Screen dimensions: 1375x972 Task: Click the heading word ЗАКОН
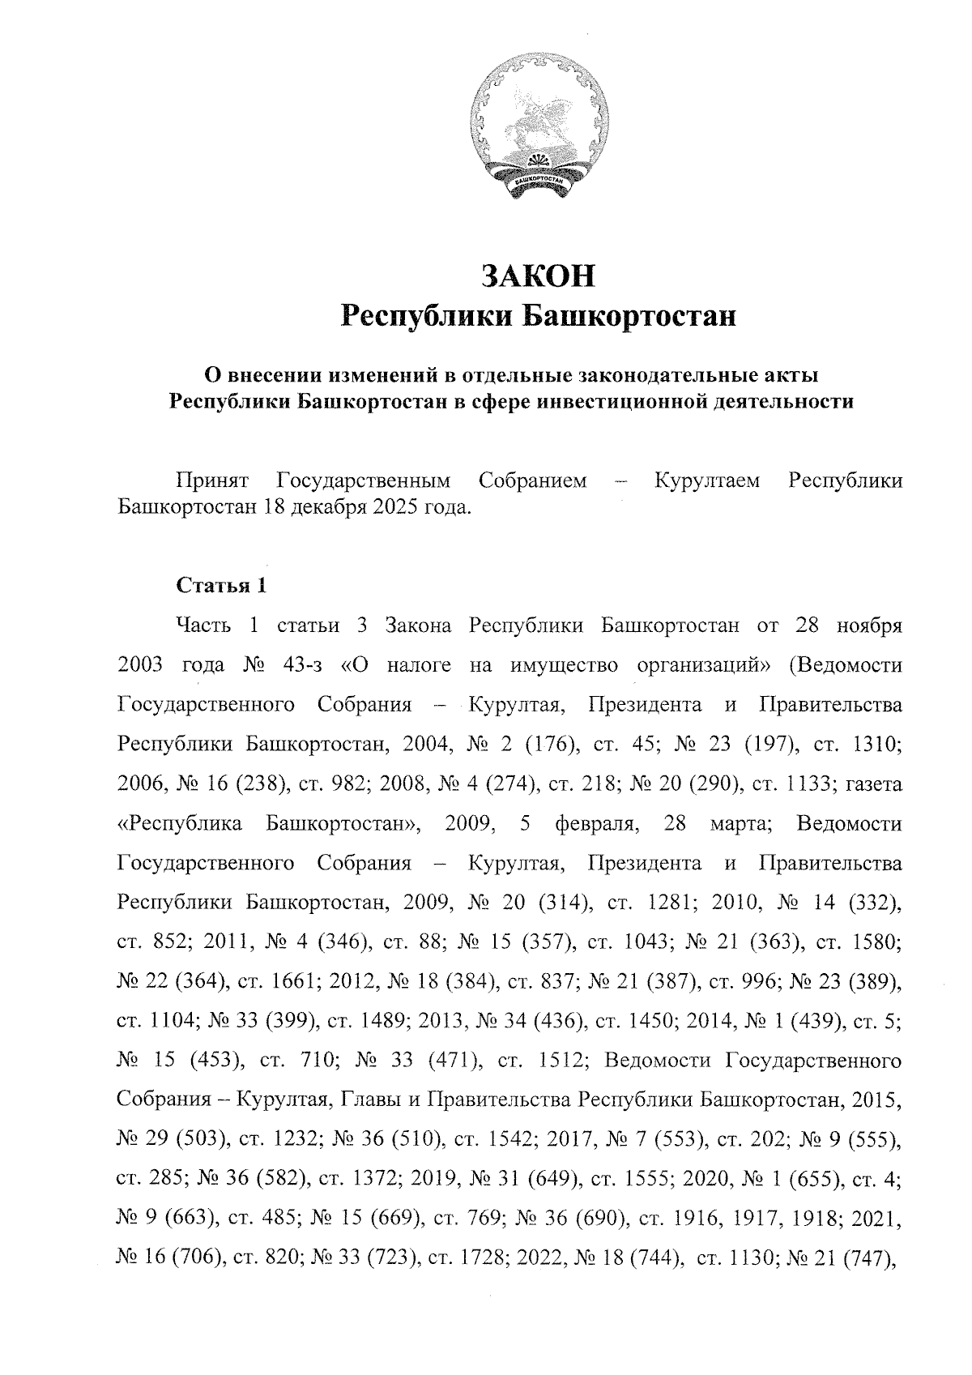[x=538, y=275]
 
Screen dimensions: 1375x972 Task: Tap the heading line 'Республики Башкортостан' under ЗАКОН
[x=538, y=315]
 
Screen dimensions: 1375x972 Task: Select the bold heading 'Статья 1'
[x=220, y=585]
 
